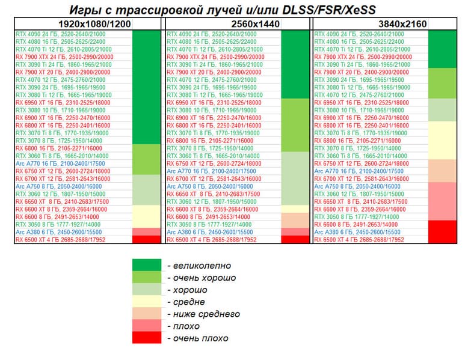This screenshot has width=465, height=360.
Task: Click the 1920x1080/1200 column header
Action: click(x=94, y=23)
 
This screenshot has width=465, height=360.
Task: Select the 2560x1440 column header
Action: click(x=237, y=23)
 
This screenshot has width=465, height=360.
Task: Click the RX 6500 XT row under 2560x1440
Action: click(x=208, y=239)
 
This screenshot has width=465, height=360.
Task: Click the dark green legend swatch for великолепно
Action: click(x=147, y=265)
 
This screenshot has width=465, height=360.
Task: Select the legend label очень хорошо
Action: click(x=204, y=278)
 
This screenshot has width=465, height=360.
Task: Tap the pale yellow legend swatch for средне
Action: click(x=147, y=302)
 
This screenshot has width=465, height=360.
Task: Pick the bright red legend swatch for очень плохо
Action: click(x=147, y=338)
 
